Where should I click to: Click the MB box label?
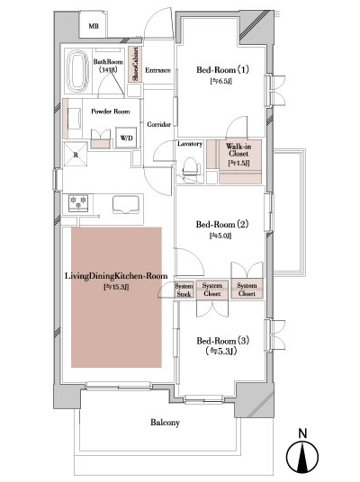(94, 27)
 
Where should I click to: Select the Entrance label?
(158, 69)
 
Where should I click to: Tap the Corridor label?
(159, 124)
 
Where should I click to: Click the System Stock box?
(184, 290)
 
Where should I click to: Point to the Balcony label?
(164, 423)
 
